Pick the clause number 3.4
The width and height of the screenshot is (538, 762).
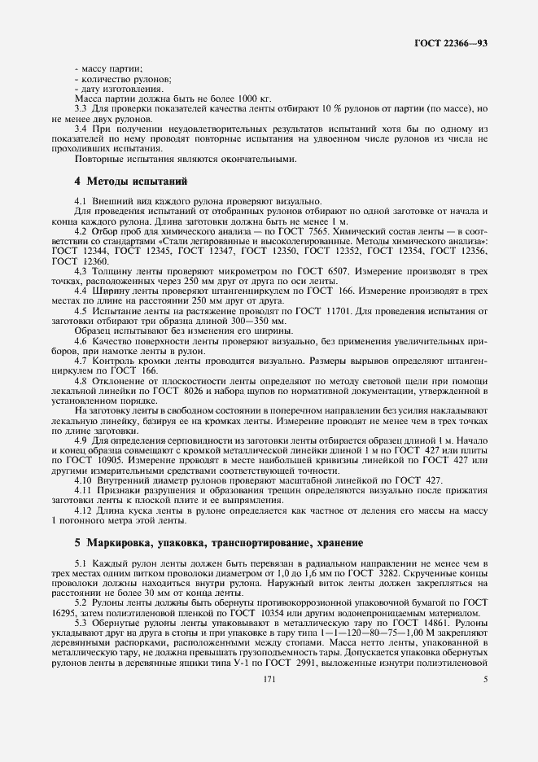pyautogui.click(x=81, y=129)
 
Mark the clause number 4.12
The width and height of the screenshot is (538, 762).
pyautogui.click(x=83, y=510)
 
